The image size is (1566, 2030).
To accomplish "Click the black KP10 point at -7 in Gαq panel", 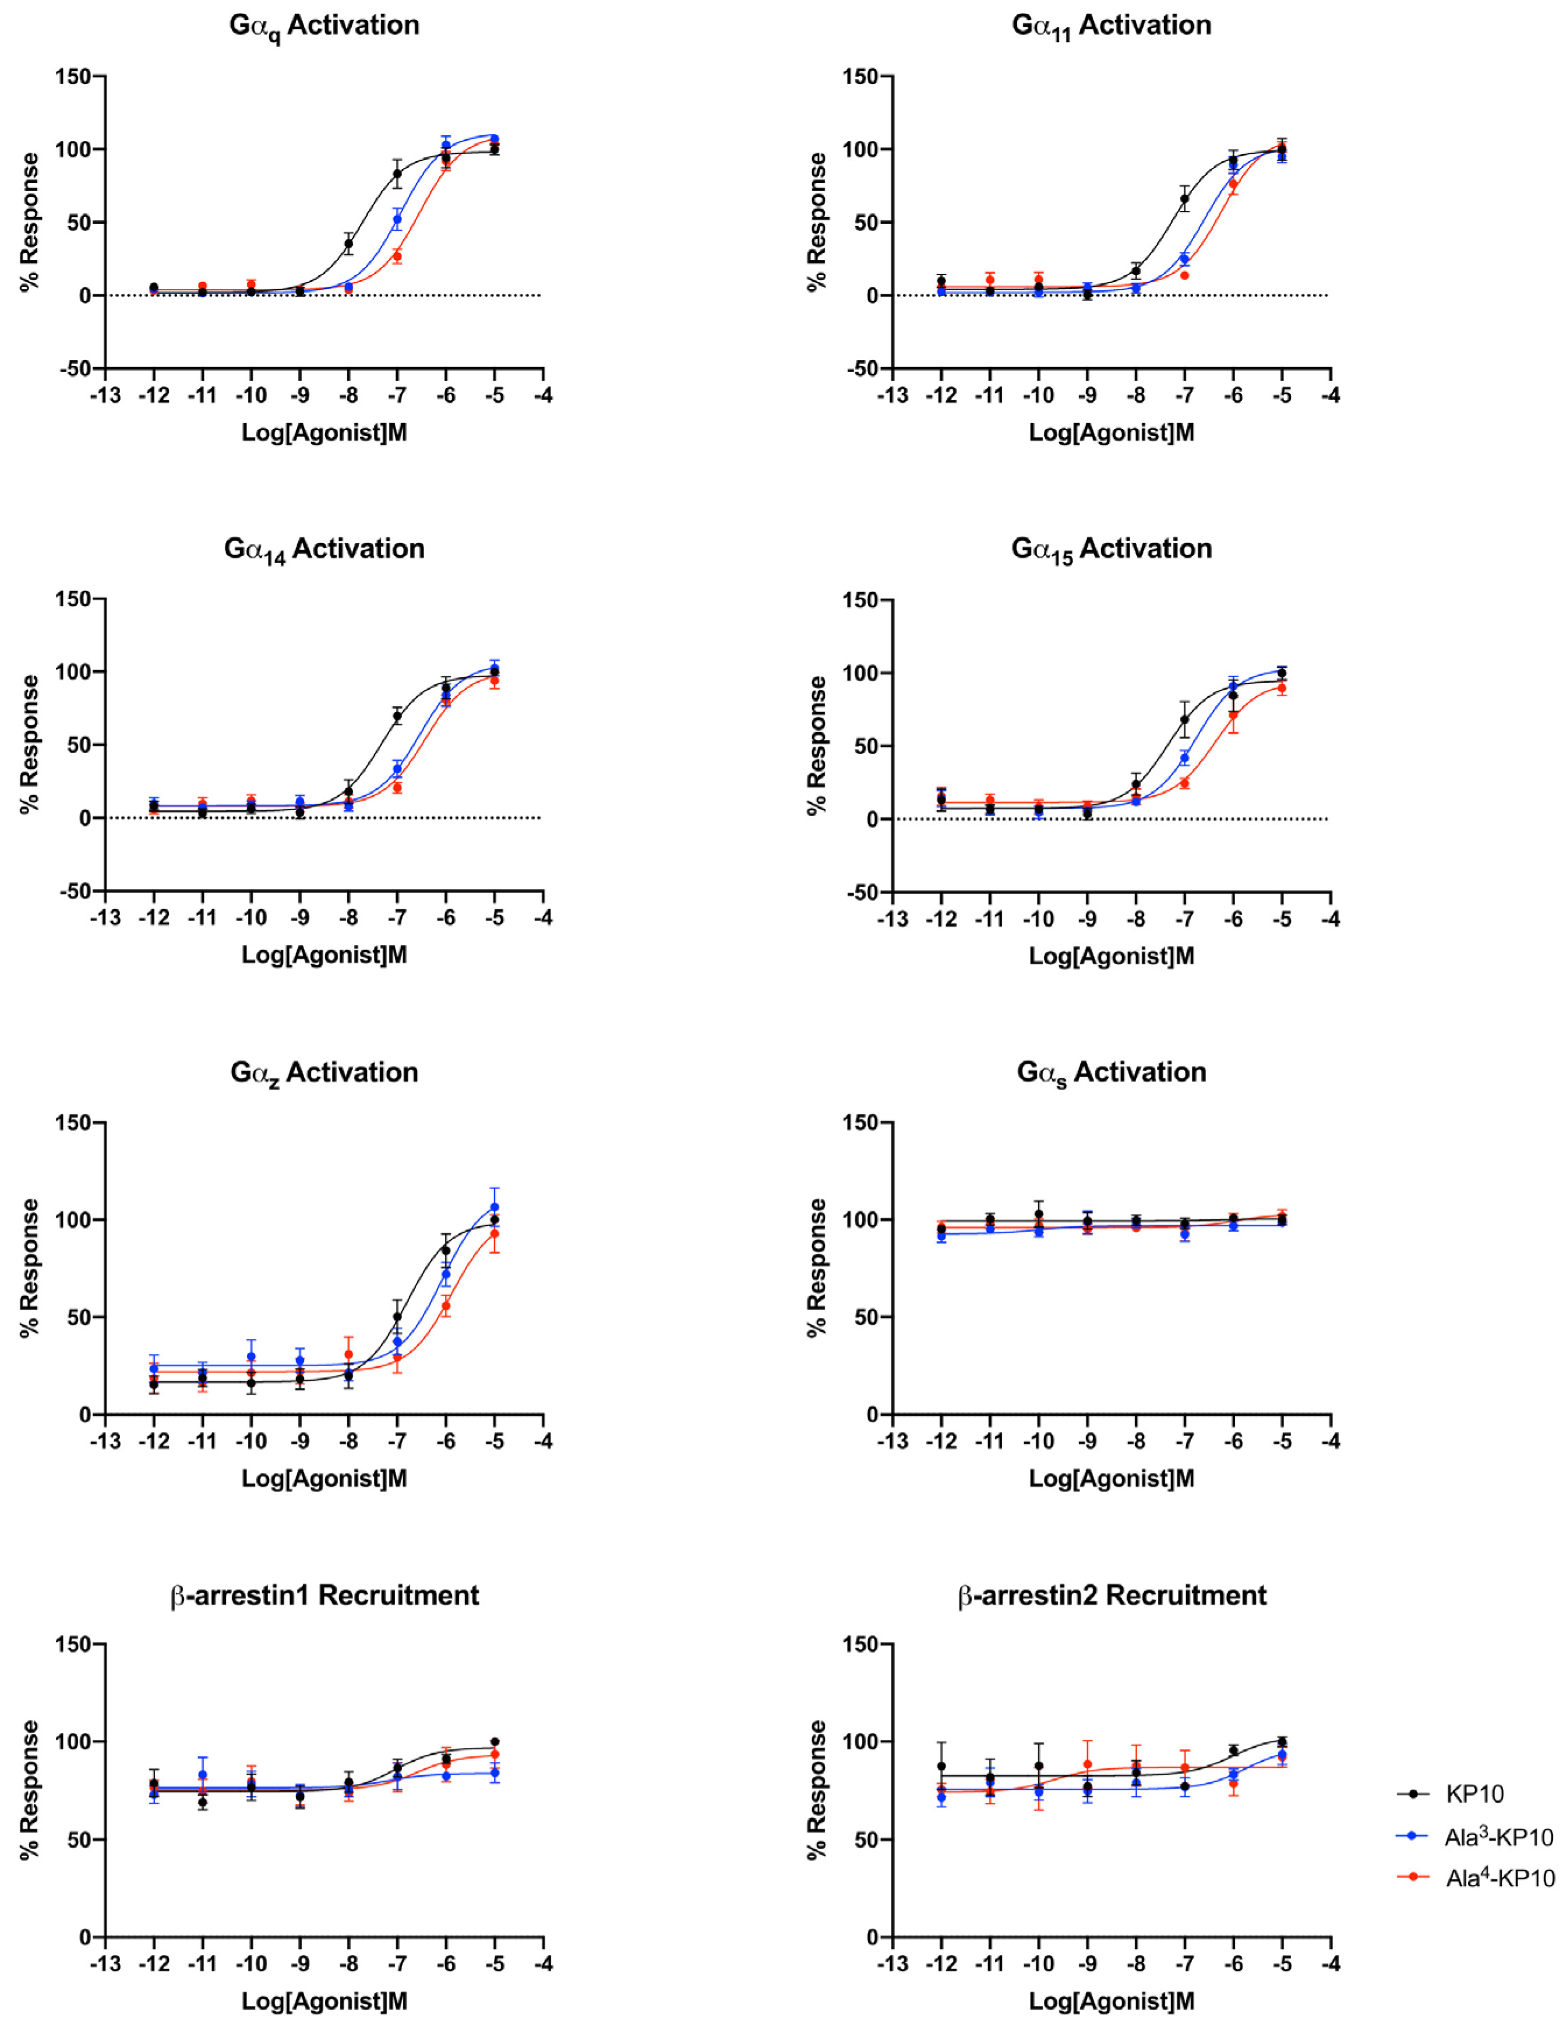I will point(397,174).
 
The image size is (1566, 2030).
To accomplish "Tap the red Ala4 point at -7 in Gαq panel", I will point(397,256).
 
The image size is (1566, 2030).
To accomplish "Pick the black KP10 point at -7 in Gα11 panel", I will point(1184,198).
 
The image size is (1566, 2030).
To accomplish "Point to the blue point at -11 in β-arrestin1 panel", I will point(203,1774).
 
